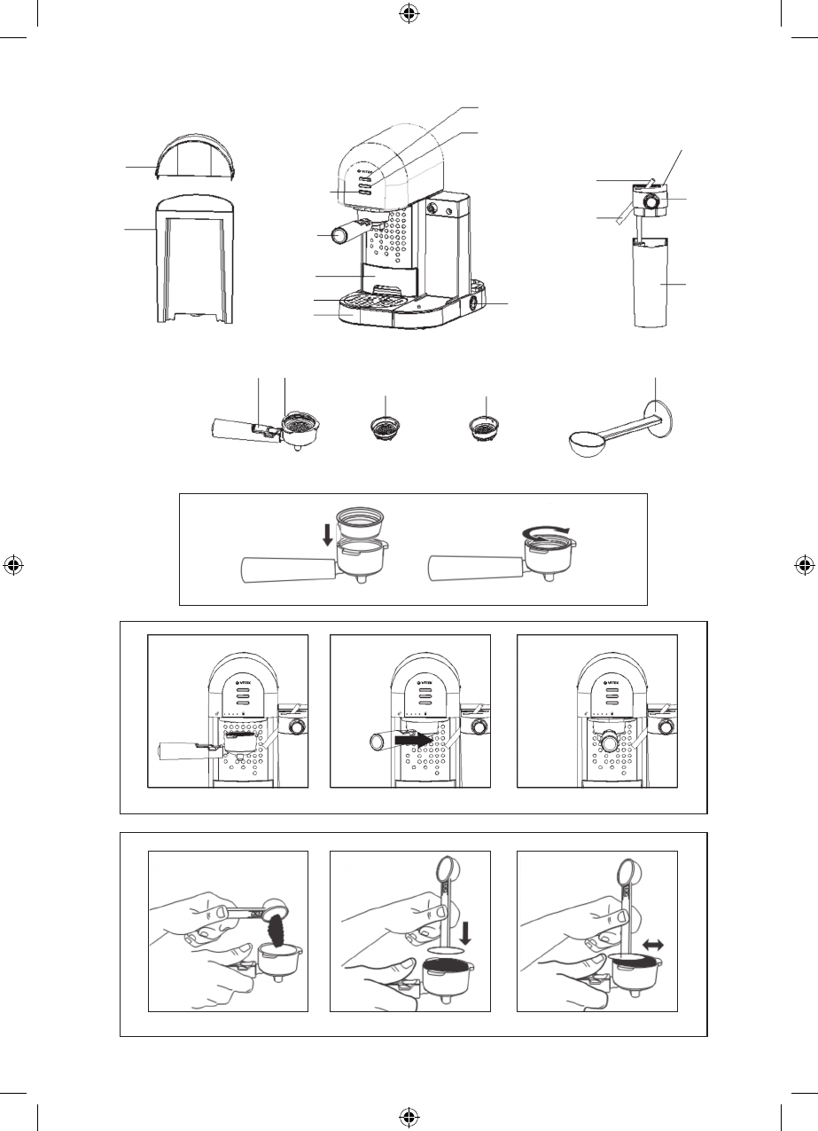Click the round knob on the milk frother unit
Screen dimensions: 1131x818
click(x=652, y=203)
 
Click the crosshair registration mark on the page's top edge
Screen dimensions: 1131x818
click(x=409, y=12)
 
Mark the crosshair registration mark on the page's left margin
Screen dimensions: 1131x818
click(x=12, y=565)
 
